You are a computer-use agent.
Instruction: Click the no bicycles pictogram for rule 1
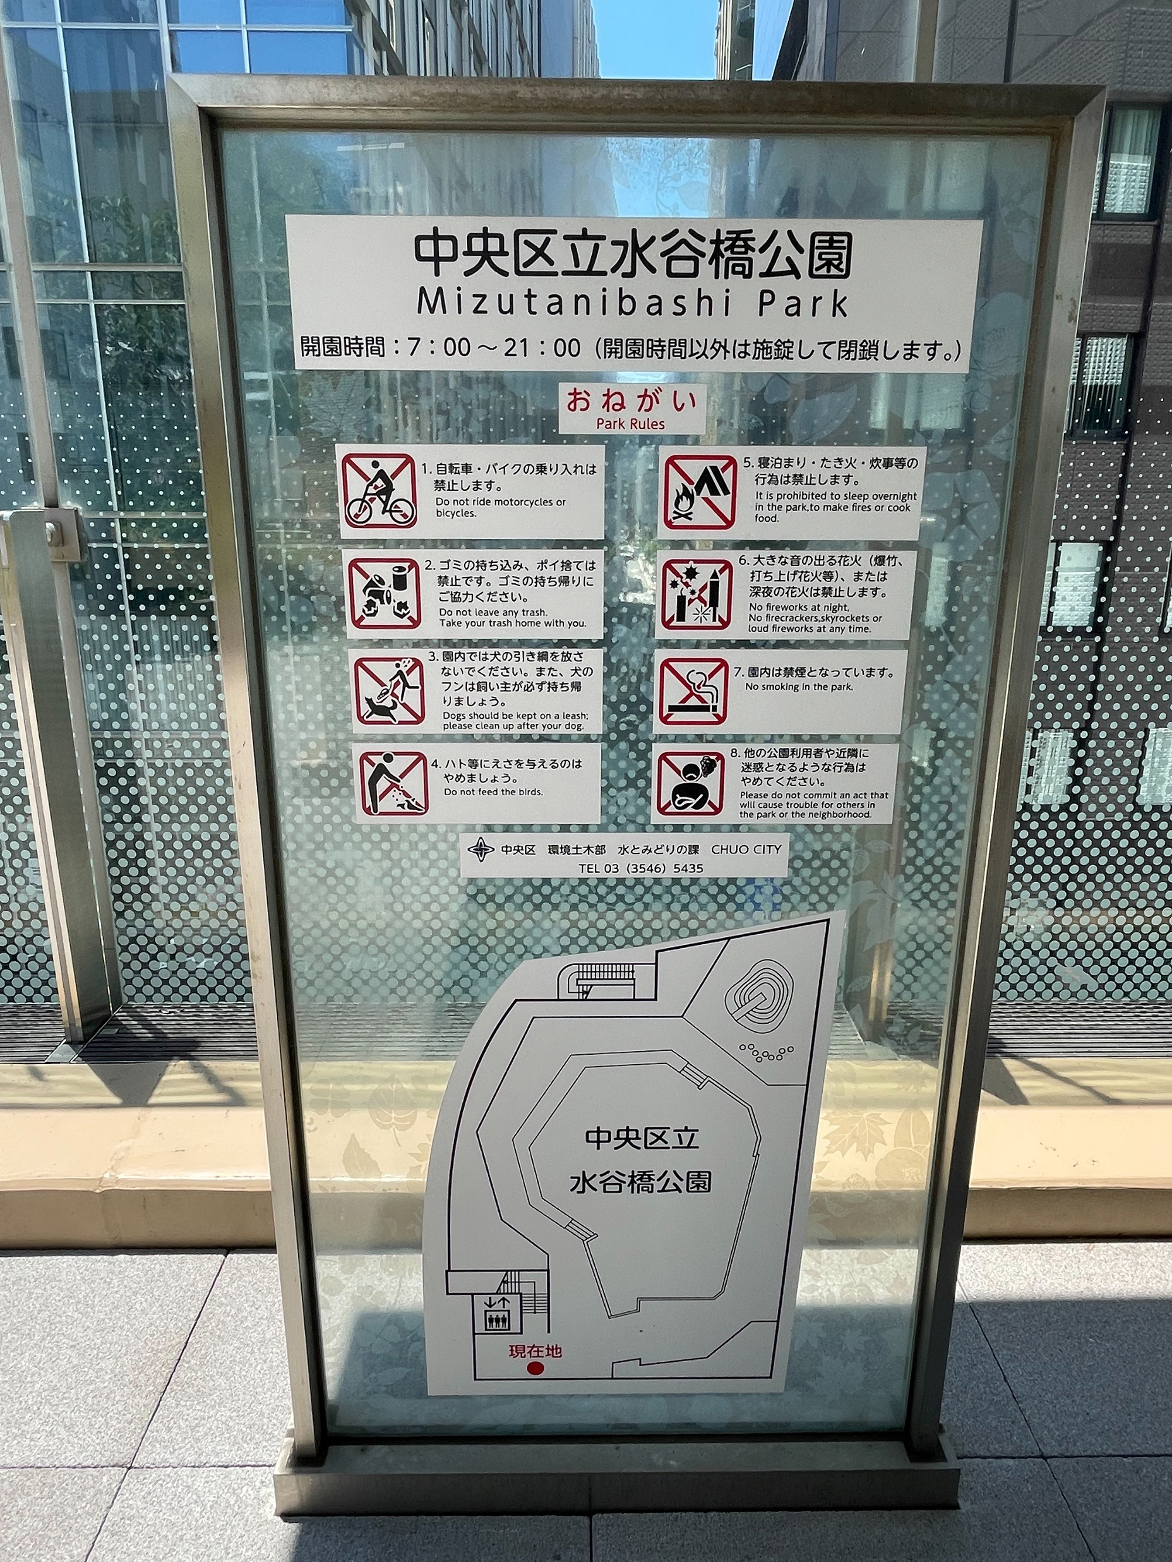[379, 491]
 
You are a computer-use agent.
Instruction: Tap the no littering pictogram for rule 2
[384, 594]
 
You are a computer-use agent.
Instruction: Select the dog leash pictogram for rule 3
[389, 691]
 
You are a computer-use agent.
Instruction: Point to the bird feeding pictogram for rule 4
[393, 783]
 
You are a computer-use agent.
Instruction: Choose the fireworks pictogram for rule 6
[696, 594]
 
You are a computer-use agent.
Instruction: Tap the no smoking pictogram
[693, 691]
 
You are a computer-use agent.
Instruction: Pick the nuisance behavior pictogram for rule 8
[690, 783]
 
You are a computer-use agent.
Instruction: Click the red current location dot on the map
[536, 1369]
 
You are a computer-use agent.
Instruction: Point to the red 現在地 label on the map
[536, 1351]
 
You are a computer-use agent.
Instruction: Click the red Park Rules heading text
[630, 423]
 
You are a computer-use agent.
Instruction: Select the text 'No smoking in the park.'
[799, 687]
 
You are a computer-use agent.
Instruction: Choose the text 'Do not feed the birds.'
[493, 792]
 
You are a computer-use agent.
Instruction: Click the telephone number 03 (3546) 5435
[640, 869]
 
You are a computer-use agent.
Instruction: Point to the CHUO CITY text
[746, 849]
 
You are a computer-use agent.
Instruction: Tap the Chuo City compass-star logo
[481, 849]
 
